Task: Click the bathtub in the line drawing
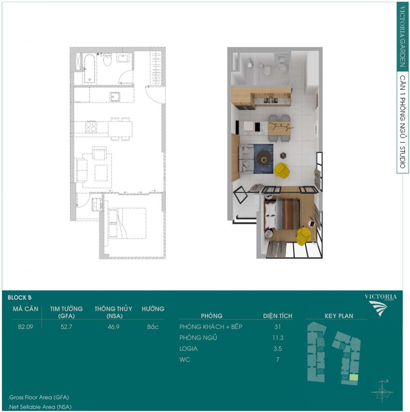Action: [x=90, y=68]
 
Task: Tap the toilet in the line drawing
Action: [x=107, y=59]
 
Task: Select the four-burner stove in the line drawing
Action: [x=91, y=127]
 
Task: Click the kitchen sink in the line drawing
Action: [x=114, y=97]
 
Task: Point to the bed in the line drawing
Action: [x=127, y=223]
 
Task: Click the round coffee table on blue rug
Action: [x=264, y=158]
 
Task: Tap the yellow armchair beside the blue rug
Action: [x=282, y=170]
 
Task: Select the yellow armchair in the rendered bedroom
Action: [x=304, y=236]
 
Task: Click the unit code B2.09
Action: [x=25, y=327]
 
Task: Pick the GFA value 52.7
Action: [x=66, y=327]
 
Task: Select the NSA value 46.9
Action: [x=114, y=327]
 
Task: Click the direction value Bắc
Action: [x=153, y=327]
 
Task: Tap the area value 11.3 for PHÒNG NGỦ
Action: [x=278, y=338]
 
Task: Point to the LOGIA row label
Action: [x=189, y=349]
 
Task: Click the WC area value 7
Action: [x=278, y=360]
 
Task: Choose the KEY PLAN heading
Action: [x=339, y=316]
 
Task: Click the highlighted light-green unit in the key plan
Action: [x=353, y=378]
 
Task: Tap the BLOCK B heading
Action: [x=19, y=298]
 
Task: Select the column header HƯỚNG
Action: [x=153, y=309]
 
